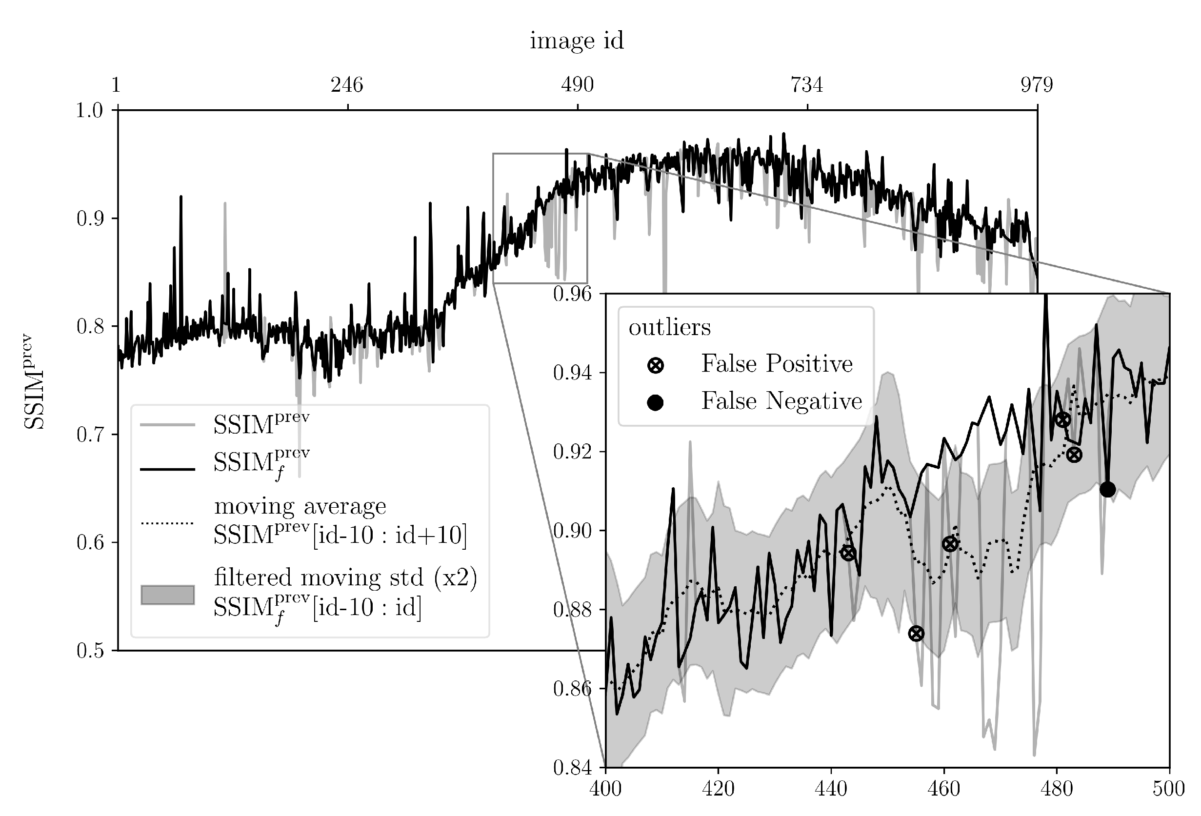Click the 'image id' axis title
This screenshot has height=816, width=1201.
pos(577,41)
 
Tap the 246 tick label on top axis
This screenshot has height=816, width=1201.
pos(347,85)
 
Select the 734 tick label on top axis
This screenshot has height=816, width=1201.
pos(807,85)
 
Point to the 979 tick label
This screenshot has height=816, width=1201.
pos(1036,85)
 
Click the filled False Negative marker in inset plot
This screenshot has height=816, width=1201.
pos(1107,489)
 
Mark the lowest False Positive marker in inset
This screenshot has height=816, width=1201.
pos(916,633)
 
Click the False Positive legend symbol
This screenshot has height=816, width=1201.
pos(655,365)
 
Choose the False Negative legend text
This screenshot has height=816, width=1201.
pos(781,401)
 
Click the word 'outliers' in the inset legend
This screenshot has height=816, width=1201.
pos(669,327)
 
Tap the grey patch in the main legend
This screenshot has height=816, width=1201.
pos(167,595)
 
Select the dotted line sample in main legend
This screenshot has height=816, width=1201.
pos(167,523)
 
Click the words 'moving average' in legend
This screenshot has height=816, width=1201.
pos(300,506)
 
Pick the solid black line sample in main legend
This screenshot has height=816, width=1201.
pos(167,469)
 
